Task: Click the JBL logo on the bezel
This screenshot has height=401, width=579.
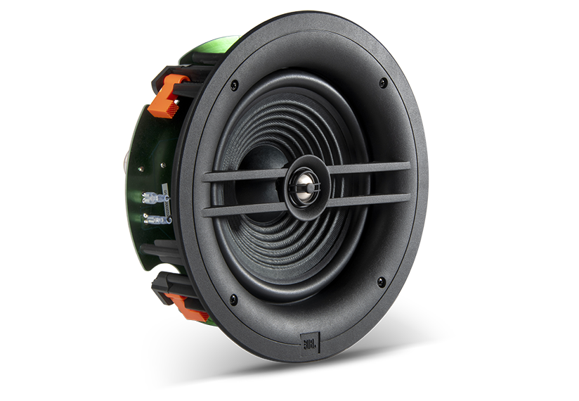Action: click(309, 343)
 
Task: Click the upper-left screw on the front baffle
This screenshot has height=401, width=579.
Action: click(234, 85)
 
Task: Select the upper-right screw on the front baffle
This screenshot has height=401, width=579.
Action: click(383, 82)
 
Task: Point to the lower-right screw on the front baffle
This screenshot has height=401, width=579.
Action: click(381, 282)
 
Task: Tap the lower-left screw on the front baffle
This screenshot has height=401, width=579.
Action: click(233, 300)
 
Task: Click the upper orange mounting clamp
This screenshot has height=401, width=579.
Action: click(167, 96)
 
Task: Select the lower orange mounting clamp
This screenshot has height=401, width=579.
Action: click(186, 307)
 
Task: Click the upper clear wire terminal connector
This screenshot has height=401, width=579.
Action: click(154, 198)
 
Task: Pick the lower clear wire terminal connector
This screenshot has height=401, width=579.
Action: click(156, 219)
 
